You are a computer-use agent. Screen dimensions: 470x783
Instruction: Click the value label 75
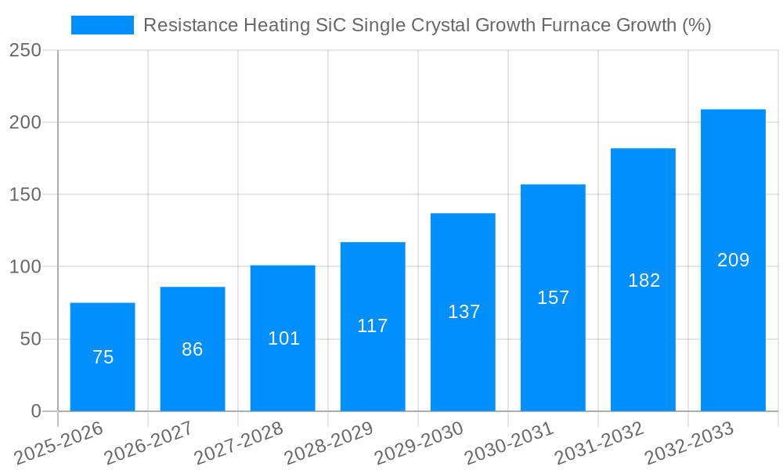coord(103,358)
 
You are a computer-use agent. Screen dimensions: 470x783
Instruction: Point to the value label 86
coord(193,350)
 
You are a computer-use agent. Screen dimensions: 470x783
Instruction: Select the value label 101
coord(283,338)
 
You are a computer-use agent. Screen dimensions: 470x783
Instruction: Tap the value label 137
coord(464,312)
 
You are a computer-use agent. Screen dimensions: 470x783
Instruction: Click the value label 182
coord(644,280)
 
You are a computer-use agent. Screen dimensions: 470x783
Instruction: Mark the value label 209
coord(733,260)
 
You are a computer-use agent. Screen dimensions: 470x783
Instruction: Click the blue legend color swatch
coord(103,25)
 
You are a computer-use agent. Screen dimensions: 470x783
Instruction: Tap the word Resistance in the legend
coord(189,25)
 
